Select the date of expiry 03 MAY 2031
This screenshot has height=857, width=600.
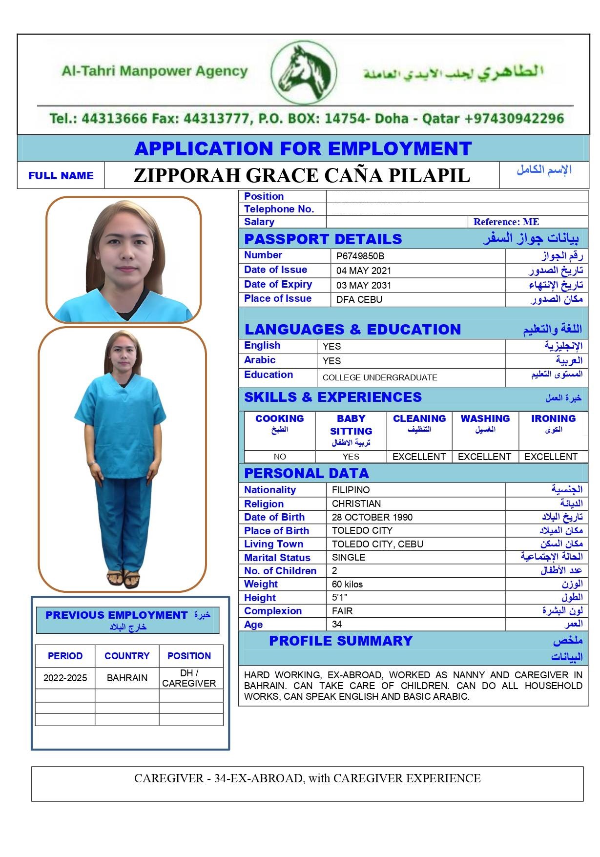point(364,285)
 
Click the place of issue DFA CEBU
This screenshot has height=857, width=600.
point(359,299)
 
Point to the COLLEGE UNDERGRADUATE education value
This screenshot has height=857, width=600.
point(380,377)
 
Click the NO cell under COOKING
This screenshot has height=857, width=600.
point(280,457)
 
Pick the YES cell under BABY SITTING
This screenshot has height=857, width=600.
point(351,457)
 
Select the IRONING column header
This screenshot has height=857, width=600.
point(553,418)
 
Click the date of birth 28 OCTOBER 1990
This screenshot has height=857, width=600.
point(372,517)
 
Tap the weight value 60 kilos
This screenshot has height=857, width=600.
point(347,584)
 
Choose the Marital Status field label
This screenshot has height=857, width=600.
point(277,558)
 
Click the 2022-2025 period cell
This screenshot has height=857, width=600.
point(65,678)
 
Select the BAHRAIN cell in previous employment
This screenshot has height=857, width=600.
point(127,678)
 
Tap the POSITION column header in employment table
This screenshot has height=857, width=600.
point(189,656)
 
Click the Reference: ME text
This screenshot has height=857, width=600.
point(506,222)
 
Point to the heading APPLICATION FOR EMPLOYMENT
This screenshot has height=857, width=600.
point(303,148)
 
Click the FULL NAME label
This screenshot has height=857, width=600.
point(61,176)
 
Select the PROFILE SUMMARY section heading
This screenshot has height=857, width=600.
point(341,641)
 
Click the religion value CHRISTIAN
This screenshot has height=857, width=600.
point(356,503)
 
